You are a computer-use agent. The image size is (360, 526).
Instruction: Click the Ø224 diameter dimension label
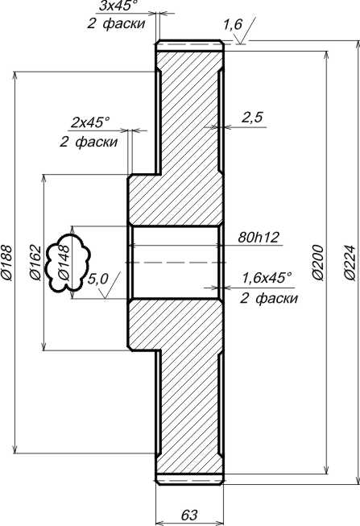350,263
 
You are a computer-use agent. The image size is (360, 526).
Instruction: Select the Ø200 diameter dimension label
318,263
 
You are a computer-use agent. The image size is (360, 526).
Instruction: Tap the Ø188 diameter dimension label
6,263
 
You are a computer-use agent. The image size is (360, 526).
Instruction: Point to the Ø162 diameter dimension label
35,263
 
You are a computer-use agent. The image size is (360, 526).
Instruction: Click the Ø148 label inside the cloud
64,263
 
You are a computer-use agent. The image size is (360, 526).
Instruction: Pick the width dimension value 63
189,514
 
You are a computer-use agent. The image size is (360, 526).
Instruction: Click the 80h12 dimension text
259,238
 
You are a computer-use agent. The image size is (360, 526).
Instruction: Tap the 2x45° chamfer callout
90,122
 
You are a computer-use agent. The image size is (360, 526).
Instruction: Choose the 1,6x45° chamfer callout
267,278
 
